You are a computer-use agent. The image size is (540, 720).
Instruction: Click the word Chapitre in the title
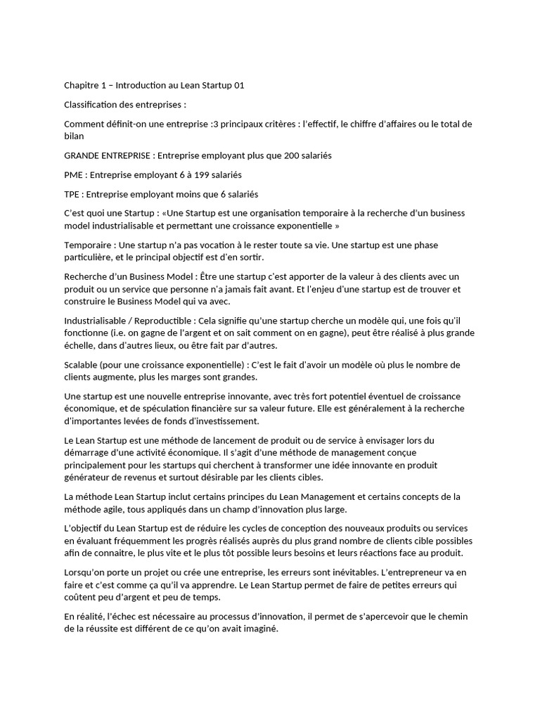[82, 86]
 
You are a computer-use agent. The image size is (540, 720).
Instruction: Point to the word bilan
[74, 136]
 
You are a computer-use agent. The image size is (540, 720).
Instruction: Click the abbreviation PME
[73, 174]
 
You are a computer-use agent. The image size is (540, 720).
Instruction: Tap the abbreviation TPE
[72, 193]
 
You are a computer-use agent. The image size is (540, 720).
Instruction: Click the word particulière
[89, 257]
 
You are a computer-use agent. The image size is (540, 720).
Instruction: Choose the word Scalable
[82, 364]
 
